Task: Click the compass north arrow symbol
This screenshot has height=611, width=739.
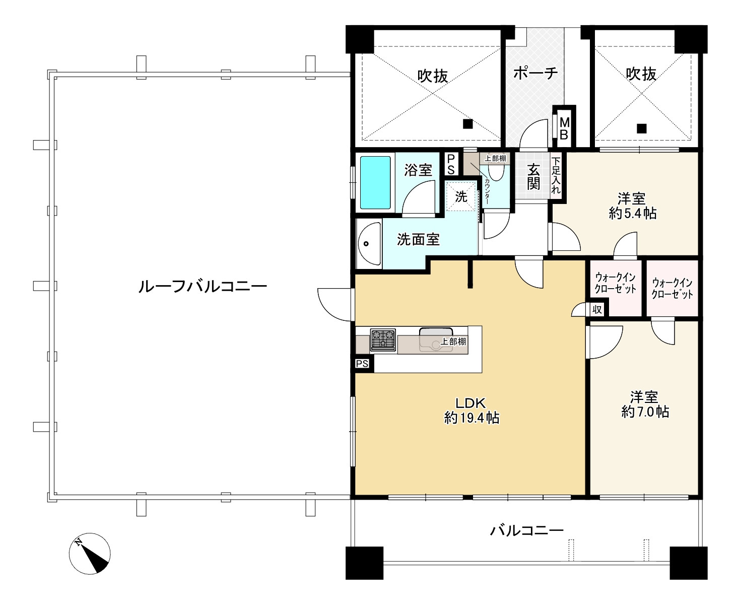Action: point(90,553)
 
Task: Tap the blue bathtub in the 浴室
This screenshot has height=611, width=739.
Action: point(375,183)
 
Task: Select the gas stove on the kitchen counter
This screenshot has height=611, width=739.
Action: point(383,340)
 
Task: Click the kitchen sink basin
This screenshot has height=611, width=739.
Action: point(436,340)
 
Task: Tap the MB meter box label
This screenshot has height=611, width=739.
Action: point(564,128)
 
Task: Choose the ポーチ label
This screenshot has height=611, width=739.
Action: point(535,73)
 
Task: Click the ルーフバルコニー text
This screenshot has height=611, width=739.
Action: point(203,287)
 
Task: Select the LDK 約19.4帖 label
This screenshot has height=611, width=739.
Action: point(472,411)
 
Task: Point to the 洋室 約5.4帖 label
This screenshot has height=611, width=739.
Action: point(633,206)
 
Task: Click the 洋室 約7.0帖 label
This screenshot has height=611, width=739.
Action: point(645,404)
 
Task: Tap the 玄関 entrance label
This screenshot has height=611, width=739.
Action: point(533,177)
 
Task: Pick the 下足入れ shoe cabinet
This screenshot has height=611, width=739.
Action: point(556,176)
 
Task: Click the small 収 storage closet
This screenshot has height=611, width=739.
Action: point(597,309)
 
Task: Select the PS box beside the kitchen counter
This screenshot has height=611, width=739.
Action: point(362,364)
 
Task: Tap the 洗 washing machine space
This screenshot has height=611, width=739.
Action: point(461,196)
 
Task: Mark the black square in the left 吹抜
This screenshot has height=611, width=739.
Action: point(468,124)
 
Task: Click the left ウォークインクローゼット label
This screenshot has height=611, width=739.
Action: point(616,283)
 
